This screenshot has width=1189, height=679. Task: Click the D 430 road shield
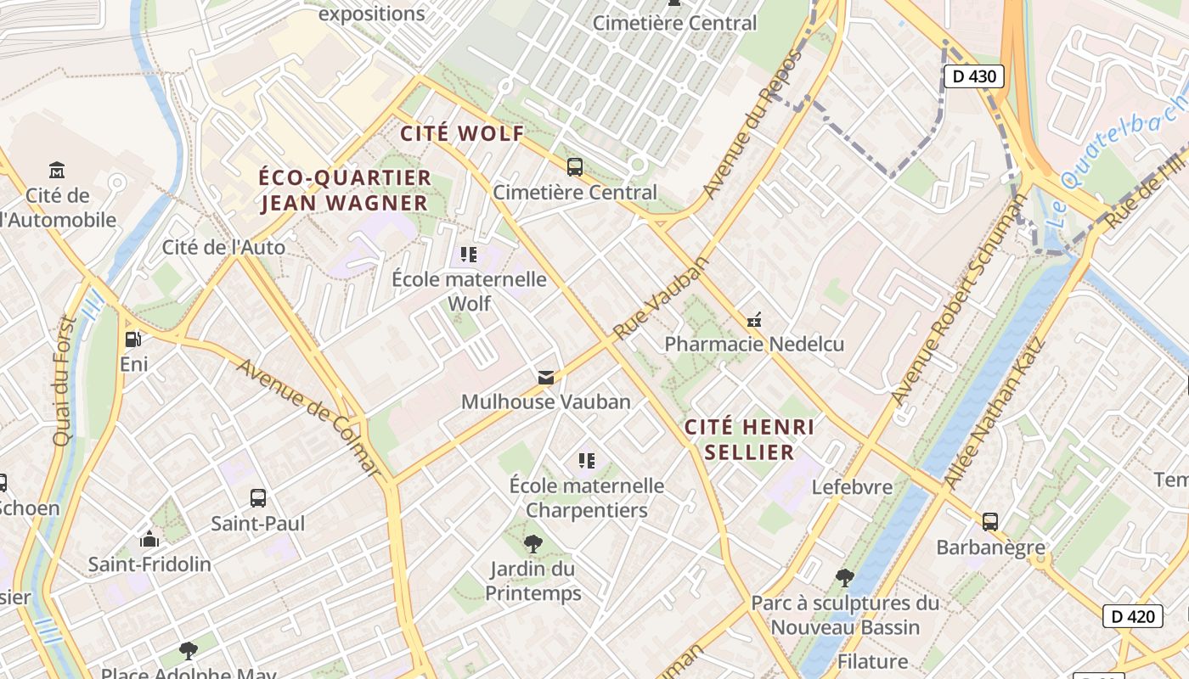click(973, 76)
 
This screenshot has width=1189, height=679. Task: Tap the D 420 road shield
click(1132, 616)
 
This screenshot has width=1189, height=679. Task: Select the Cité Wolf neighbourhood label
click(462, 133)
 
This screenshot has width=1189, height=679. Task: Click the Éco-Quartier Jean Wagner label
click(345, 190)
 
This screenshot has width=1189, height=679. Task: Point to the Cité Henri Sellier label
click(749, 439)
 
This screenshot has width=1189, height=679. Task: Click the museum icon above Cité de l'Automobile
click(57, 170)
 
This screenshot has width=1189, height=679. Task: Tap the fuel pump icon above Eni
click(133, 339)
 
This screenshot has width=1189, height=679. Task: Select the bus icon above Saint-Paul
click(257, 498)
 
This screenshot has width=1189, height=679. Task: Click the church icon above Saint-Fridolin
click(149, 539)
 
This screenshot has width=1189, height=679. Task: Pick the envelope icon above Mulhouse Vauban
click(545, 377)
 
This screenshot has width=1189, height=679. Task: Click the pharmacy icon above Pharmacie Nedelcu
click(753, 320)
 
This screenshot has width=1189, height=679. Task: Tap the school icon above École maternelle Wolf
click(468, 254)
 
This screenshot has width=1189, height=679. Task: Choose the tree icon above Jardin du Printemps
click(533, 543)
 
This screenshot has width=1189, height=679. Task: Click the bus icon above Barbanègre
click(989, 521)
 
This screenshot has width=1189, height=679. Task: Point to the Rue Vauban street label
click(661, 298)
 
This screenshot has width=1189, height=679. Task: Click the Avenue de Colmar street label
click(309, 417)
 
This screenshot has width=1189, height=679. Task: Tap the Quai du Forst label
click(65, 381)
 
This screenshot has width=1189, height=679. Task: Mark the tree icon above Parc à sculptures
click(844, 578)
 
